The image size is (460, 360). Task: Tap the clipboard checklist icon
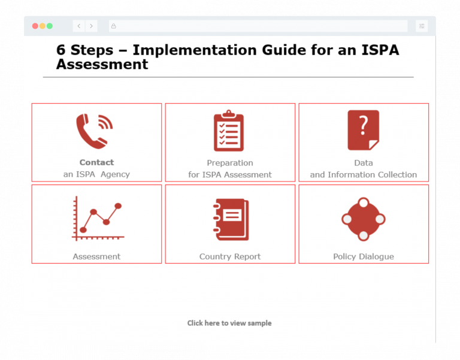(229, 131)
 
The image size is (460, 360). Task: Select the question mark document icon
(363, 130)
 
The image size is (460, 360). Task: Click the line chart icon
(97, 219)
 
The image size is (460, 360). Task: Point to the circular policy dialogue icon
(363, 219)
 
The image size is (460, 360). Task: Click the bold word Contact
(96, 162)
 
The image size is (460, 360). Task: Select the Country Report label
(230, 256)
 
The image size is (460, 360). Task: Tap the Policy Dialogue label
(364, 256)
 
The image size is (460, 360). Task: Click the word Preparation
(230, 163)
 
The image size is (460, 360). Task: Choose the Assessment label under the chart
(96, 256)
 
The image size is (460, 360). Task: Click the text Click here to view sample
(229, 323)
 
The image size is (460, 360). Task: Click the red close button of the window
(35, 26)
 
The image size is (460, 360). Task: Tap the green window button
(50, 26)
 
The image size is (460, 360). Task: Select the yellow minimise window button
(42, 26)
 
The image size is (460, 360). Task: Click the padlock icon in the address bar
(113, 26)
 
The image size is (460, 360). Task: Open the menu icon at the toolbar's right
(422, 26)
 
